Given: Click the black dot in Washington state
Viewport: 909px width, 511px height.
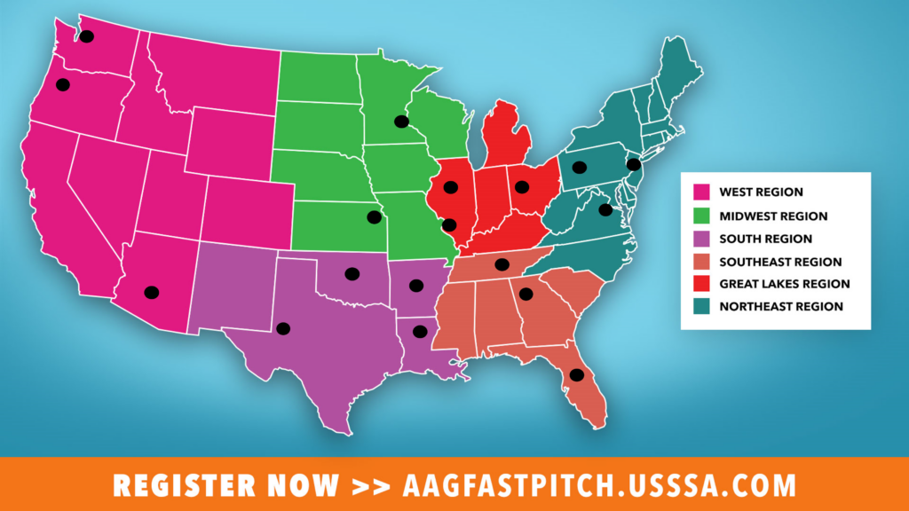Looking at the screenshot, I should [86, 36].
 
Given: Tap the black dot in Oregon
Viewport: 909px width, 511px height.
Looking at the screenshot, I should [62, 85].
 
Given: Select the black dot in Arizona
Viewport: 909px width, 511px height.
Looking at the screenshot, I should [152, 292].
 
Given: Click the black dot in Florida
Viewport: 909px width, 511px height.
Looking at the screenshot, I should [576, 375].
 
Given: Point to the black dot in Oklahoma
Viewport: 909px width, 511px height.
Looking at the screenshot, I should [352, 274].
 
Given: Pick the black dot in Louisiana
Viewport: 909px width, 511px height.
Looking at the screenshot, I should [420, 332].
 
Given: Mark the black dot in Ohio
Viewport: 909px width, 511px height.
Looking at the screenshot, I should [521, 187].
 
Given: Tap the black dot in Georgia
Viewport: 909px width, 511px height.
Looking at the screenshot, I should [526, 295].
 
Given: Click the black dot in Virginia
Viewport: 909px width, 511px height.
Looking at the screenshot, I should [605, 210].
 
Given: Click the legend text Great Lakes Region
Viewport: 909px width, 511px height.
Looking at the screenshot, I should [784, 284].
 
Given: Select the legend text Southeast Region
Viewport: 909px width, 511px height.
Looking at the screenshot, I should [780, 262].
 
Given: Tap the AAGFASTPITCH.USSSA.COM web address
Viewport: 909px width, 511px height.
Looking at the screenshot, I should [599, 486].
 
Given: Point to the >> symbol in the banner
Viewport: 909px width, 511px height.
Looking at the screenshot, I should [370, 486].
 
